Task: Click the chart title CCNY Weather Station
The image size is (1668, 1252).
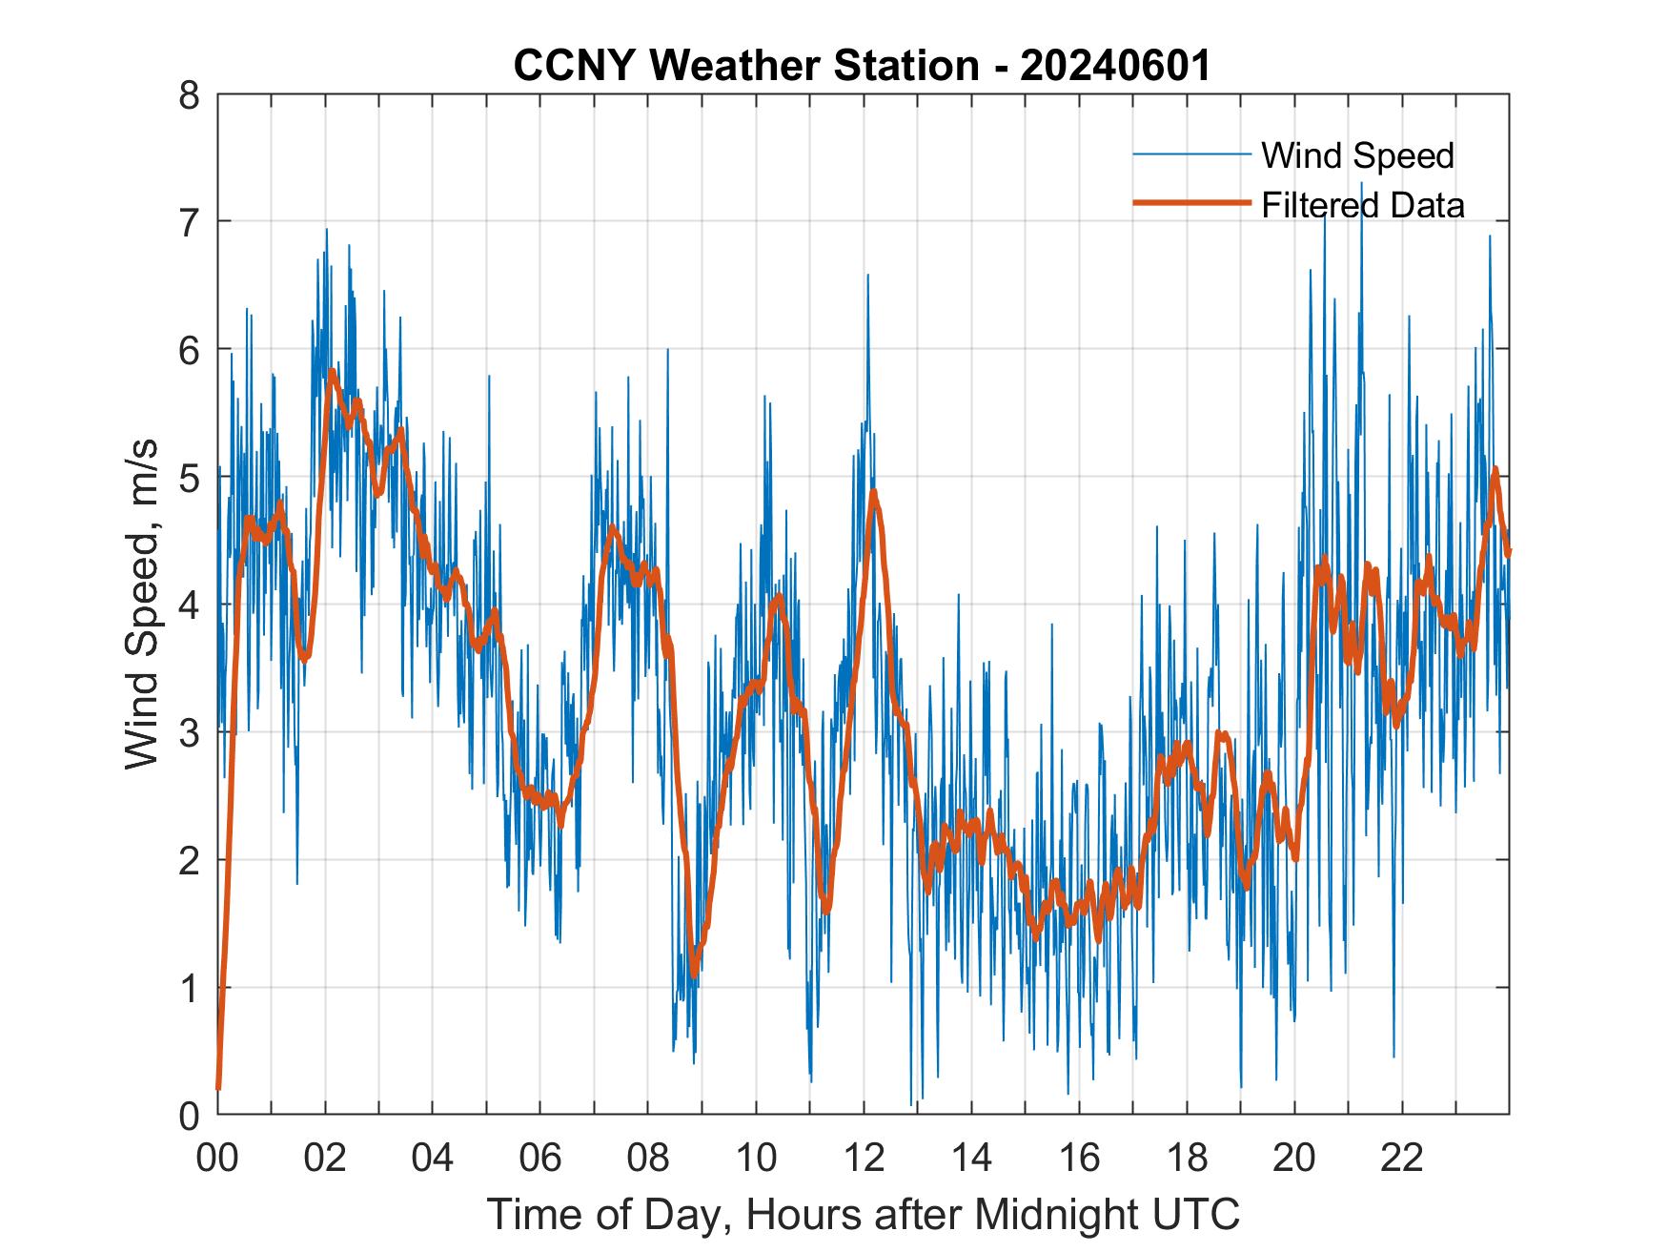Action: coord(745,67)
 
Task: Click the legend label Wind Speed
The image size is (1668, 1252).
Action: coord(1357,155)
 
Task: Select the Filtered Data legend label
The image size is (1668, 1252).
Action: coord(1362,205)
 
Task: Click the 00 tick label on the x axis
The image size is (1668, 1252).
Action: coord(217,1159)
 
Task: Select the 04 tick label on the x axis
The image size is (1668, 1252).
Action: coord(433,1159)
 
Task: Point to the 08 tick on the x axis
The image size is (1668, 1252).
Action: coord(648,1159)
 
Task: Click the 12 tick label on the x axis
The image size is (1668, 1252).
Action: coord(864,1159)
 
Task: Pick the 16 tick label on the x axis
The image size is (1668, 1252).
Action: coord(1079,1159)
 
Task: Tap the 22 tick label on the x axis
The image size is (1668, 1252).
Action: coord(1402,1159)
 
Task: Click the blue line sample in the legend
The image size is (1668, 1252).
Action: coord(1190,154)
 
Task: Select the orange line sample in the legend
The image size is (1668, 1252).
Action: coord(1190,203)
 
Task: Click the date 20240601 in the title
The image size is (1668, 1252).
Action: coord(1115,67)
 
